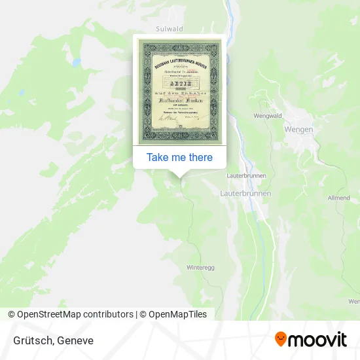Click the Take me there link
tap(179, 157)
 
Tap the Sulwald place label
tap(169, 29)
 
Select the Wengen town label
tap(298, 130)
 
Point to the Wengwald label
tap(268, 116)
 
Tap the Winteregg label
tap(200, 268)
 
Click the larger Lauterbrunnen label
tap(245, 194)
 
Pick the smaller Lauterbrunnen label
tap(244, 177)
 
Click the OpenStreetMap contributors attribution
tap(70, 314)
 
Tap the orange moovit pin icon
tap(281, 339)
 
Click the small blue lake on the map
tap(77, 62)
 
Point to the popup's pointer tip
tap(179, 177)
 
